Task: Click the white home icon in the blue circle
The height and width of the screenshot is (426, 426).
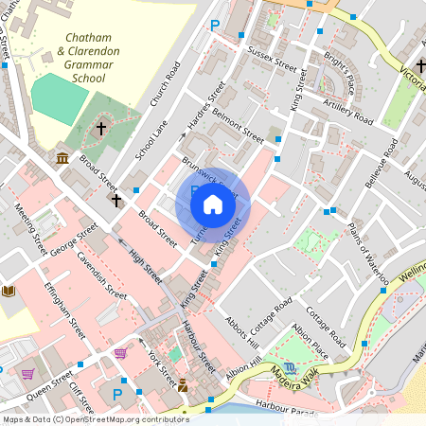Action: (x=213, y=204)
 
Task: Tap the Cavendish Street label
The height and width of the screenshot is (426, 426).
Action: (x=101, y=275)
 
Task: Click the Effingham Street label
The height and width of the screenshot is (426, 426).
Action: (x=63, y=308)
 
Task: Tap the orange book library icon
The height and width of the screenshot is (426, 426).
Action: (x=9, y=290)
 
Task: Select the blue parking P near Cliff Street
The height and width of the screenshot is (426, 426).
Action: (x=118, y=394)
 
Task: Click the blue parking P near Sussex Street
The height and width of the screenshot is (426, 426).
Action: (x=215, y=26)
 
